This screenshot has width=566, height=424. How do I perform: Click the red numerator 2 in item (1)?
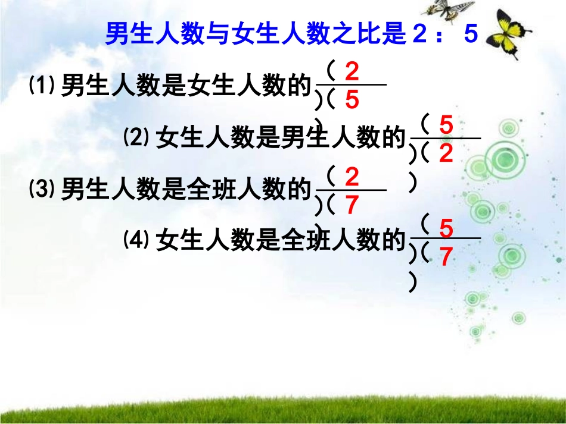352,73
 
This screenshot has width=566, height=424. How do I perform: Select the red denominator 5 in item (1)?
352,100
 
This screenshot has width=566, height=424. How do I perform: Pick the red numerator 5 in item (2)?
446,125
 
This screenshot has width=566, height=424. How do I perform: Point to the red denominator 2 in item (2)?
446,154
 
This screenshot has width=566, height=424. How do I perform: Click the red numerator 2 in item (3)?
352,178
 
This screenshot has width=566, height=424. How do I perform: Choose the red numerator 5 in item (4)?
446,228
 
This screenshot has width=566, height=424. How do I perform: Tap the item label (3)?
42,190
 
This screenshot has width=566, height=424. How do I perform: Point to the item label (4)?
136,240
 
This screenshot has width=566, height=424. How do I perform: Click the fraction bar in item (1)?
352,85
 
